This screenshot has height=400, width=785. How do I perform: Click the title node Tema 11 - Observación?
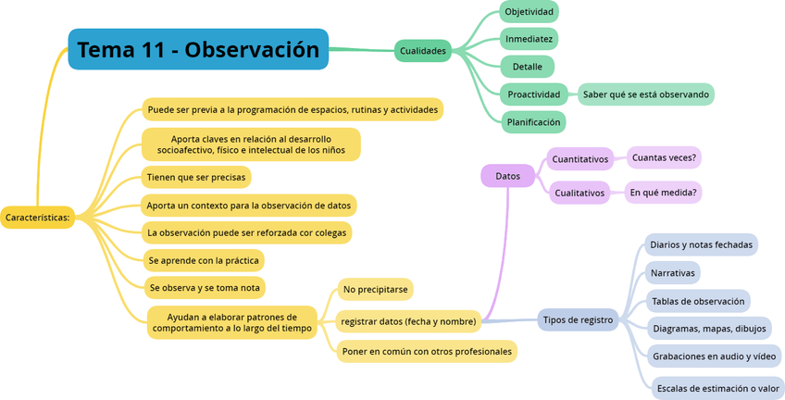(x=198, y=49)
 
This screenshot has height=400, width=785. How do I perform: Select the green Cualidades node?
(x=423, y=51)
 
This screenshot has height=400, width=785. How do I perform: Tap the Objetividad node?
(x=529, y=12)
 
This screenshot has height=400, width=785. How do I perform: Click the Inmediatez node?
(x=529, y=39)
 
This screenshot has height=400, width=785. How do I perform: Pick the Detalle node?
(x=527, y=67)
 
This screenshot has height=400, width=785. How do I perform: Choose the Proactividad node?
(x=534, y=94)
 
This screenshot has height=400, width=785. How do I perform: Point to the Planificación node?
(x=533, y=121)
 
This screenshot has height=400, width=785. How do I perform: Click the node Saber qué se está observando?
(x=646, y=94)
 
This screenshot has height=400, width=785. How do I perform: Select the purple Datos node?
(x=507, y=176)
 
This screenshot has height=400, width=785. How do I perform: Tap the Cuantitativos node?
(x=580, y=159)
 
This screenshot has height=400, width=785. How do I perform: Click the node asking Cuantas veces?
(x=664, y=158)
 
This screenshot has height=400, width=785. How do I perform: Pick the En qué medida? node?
(x=663, y=193)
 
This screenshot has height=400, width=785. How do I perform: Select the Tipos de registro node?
(x=578, y=320)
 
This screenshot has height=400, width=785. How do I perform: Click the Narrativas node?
(x=673, y=273)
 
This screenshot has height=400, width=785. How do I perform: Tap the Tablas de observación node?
(x=698, y=301)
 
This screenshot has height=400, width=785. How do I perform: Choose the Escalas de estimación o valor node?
(x=718, y=389)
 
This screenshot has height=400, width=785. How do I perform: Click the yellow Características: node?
(x=37, y=218)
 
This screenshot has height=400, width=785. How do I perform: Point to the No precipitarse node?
(x=375, y=290)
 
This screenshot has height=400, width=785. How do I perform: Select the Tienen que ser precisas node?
(x=196, y=177)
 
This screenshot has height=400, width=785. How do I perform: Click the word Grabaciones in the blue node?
(x=681, y=356)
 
